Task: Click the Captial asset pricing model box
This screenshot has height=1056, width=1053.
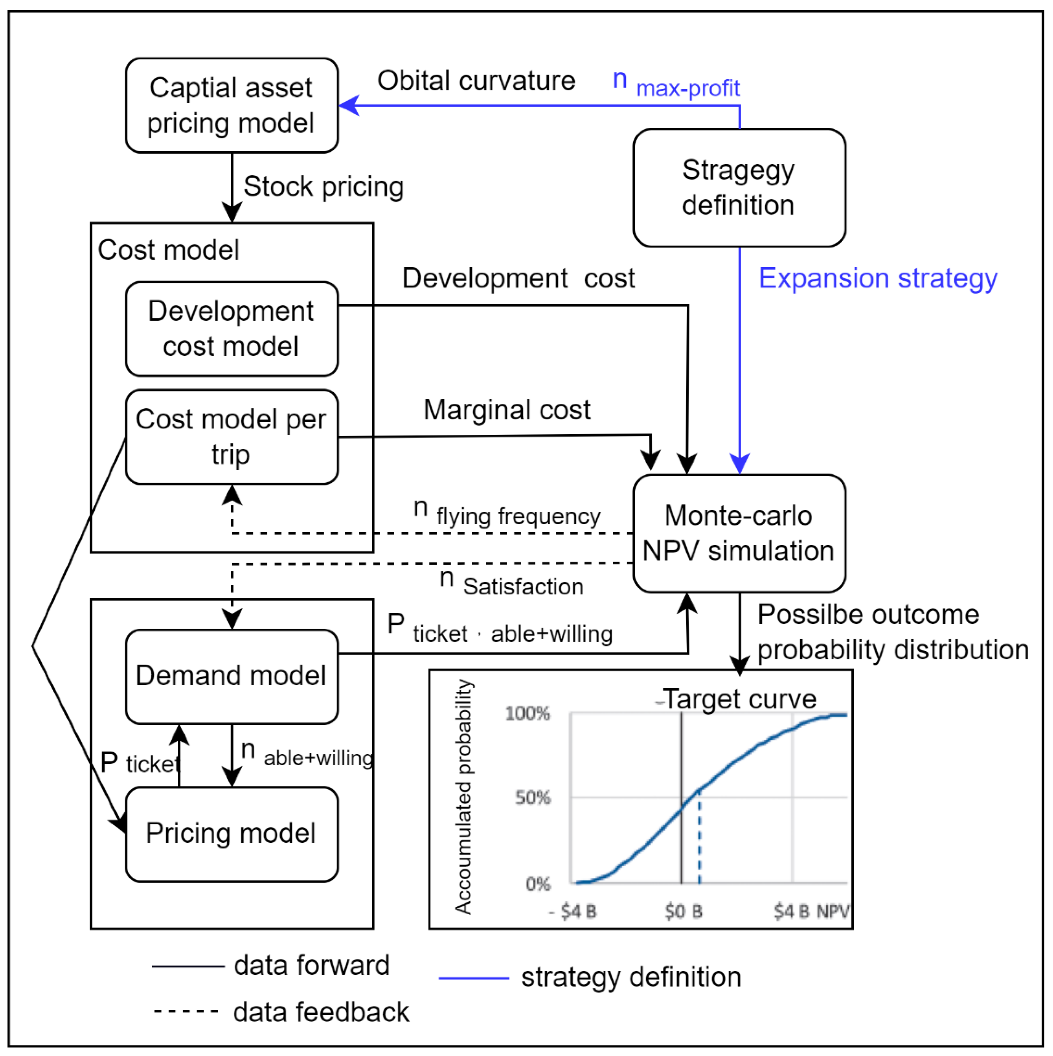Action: (x=232, y=106)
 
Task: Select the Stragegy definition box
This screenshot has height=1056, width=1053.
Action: (x=739, y=187)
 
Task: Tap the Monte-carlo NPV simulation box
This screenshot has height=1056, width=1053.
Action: (x=739, y=533)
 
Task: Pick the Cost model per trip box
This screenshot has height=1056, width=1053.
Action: (x=232, y=437)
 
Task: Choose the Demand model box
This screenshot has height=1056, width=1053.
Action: (x=232, y=676)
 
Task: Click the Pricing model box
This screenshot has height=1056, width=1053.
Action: (x=232, y=833)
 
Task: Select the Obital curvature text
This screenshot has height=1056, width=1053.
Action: (x=476, y=81)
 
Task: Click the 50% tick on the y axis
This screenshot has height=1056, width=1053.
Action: (x=533, y=797)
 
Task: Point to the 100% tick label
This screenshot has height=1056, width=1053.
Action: (x=527, y=713)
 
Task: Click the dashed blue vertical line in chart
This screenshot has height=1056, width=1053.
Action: (x=699, y=836)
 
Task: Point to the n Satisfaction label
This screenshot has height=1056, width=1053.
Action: (x=511, y=583)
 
